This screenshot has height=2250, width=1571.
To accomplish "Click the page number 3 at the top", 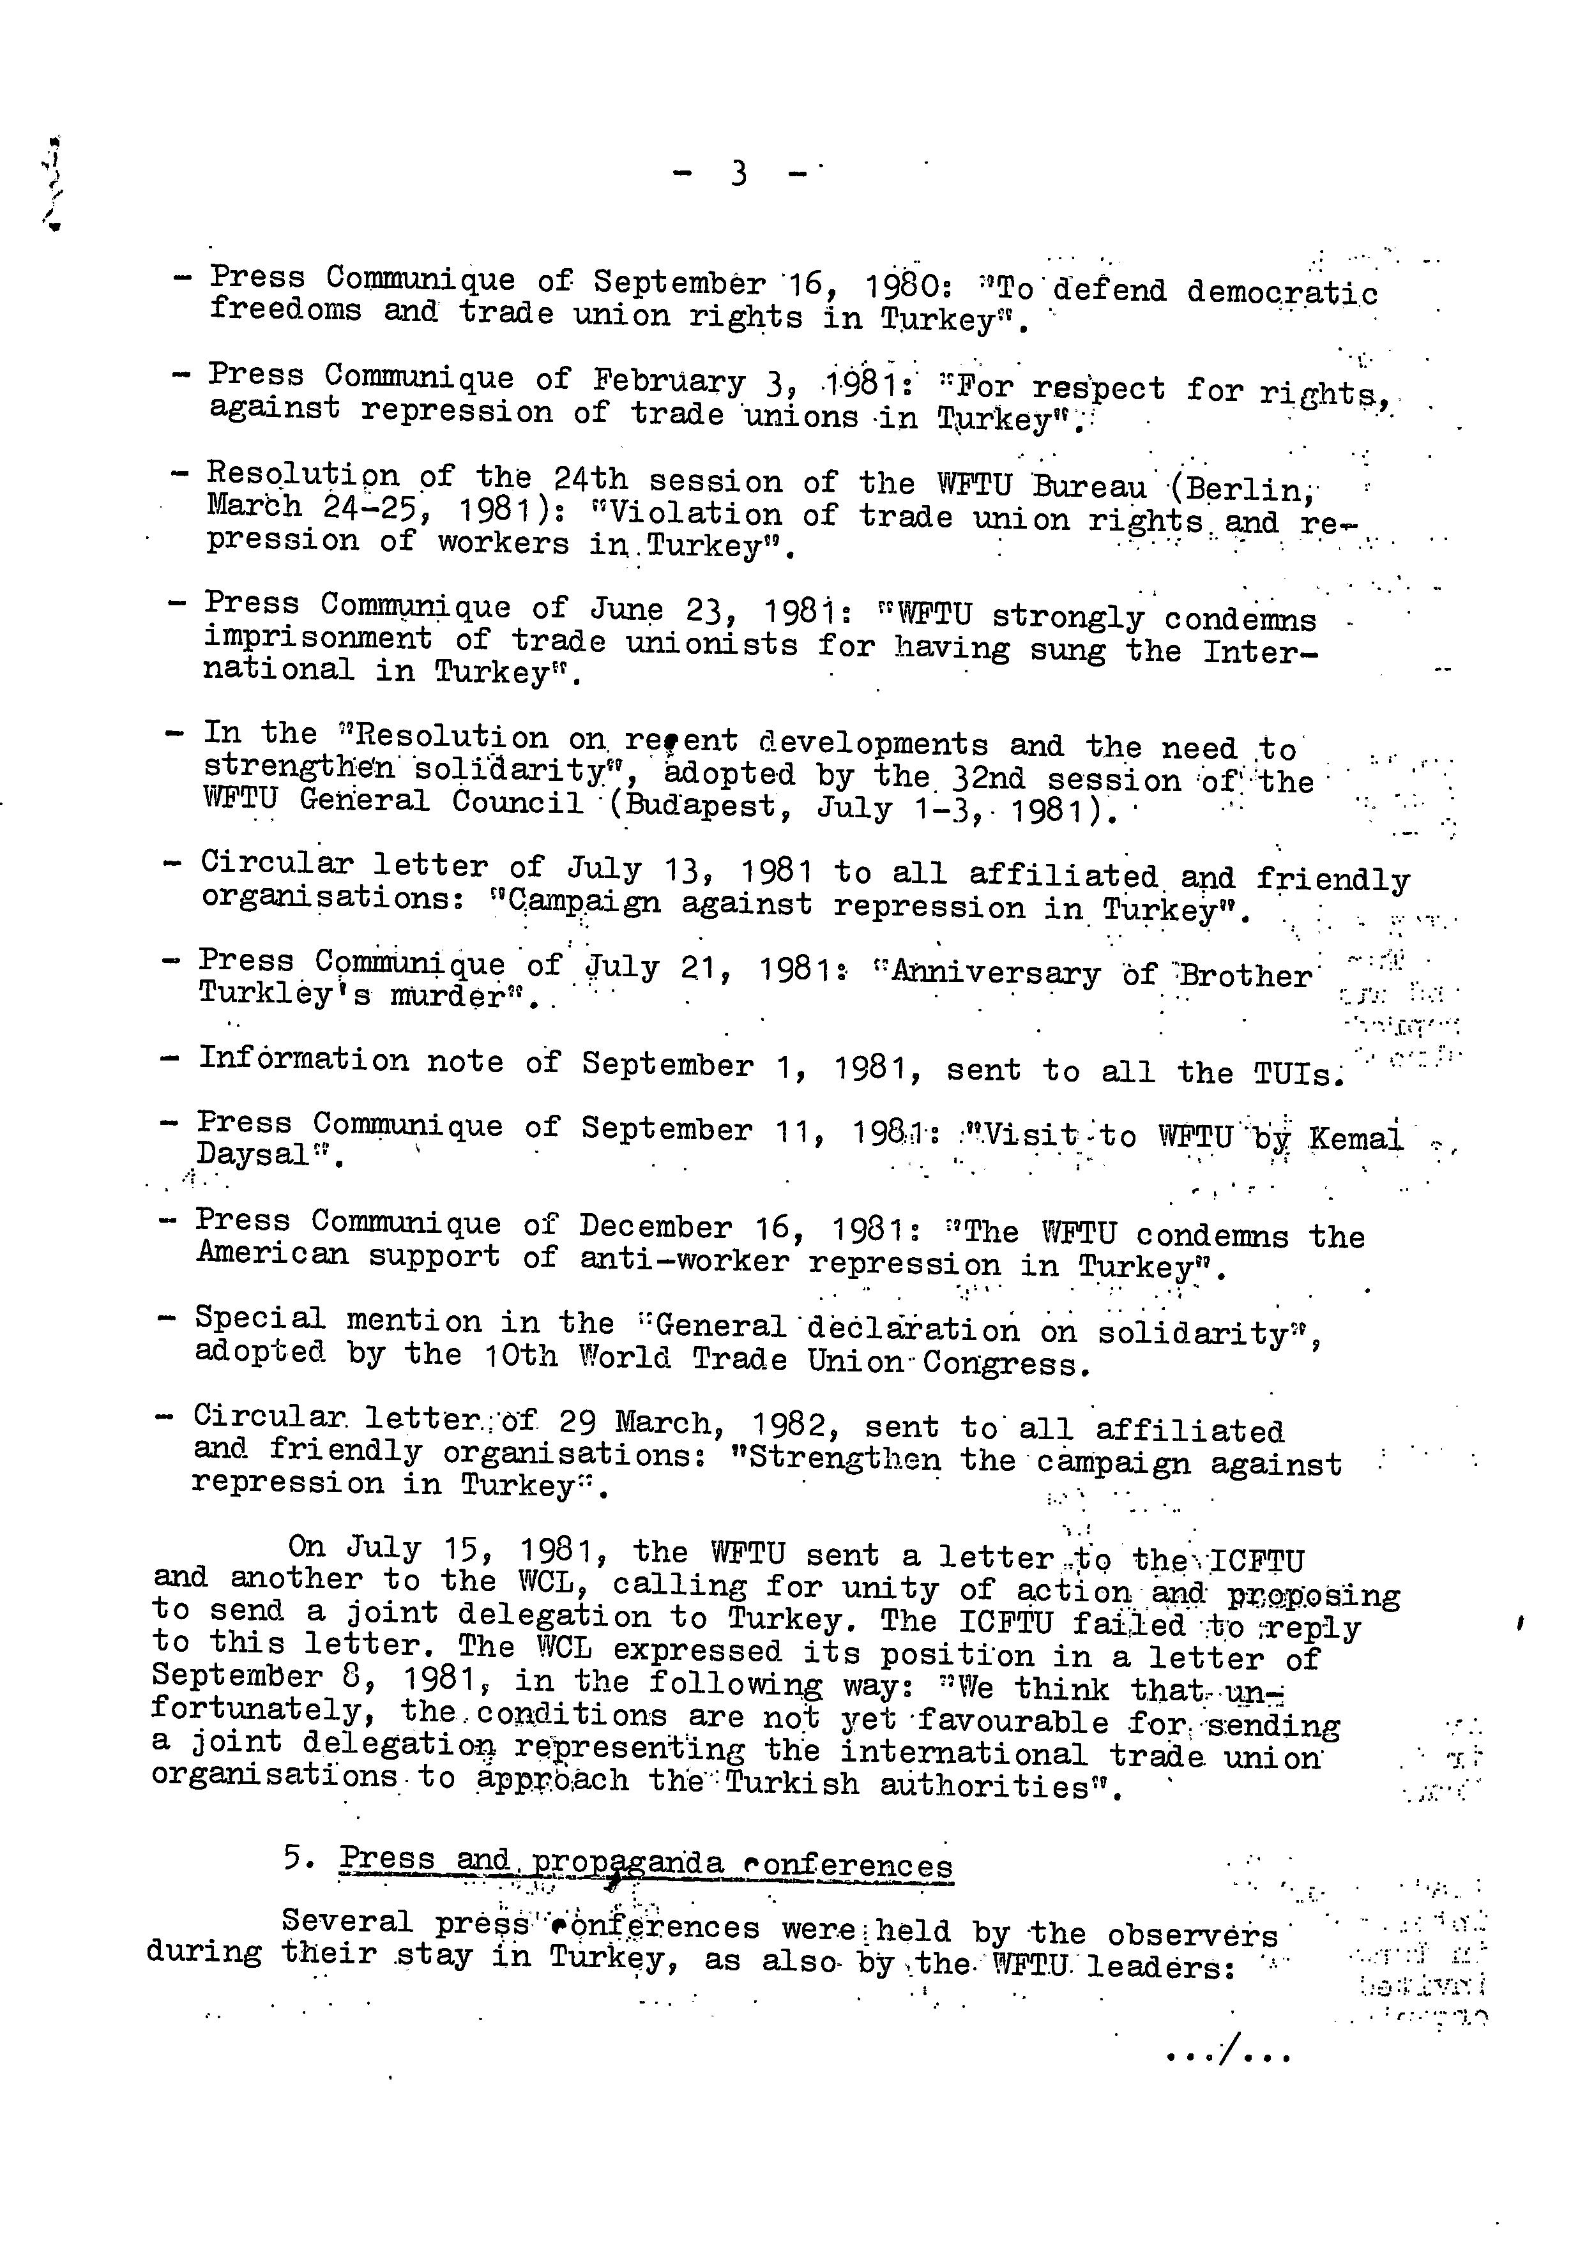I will [739, 174].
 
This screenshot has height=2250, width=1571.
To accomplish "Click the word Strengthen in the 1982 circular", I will [843, 1459].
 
